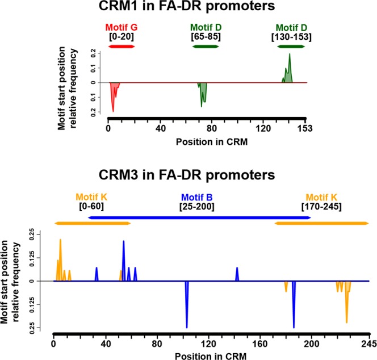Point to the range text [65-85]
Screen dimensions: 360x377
click(x=206, y=36)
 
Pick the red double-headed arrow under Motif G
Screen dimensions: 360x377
click(x=122, y=45)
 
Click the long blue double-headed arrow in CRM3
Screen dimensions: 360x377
click(x=199, y=217)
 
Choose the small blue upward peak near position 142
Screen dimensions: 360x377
click(x=237, y=274)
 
